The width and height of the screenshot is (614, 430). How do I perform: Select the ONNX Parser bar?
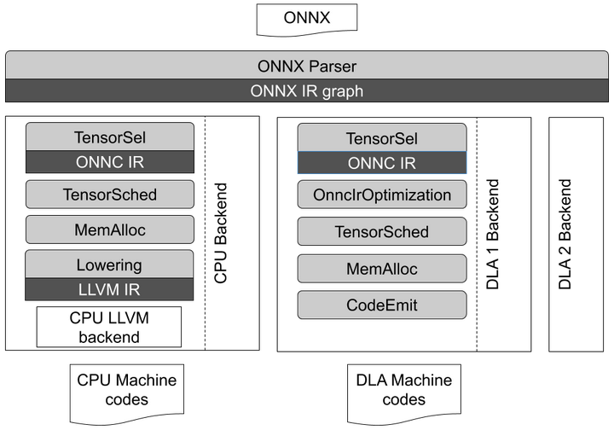pyautogui.click(x=306, y=66)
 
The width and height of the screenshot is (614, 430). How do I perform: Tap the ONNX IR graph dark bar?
pyautogui.click(x=306, y=90)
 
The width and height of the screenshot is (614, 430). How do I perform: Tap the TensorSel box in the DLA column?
pyautogui.click(x=382, y=138)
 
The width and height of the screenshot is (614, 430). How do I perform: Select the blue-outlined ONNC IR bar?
pyautogui.click(x=382, y=163)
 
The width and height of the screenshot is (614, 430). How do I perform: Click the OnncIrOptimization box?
pyautogui.click(x=382, y=195)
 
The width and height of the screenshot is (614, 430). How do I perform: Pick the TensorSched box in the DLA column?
pyautogui.click(x=382, y=232)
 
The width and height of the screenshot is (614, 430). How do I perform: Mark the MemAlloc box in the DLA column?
pyautogui.click(x=382, y=269)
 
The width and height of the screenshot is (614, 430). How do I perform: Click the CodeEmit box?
pyautogui.click(x=382, y=305)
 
